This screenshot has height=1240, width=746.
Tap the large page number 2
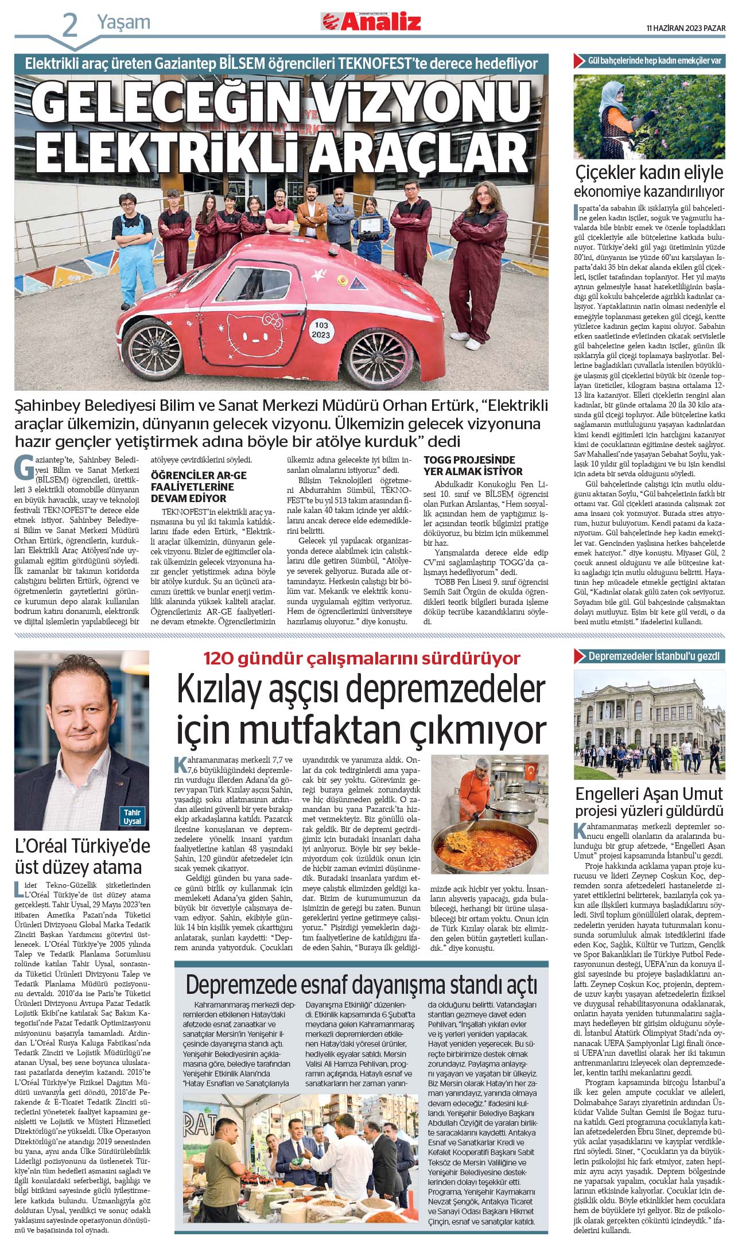coord(69,26)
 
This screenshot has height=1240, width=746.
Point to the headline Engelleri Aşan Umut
coord(649,794)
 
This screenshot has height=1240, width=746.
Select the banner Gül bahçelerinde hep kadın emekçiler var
coord(654,60)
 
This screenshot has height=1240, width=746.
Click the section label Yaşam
coord(123,22)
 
